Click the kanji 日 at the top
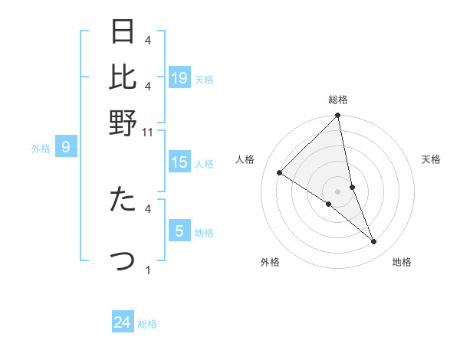123,31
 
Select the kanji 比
123,77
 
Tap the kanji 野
123,123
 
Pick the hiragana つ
123,260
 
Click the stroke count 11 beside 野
148,133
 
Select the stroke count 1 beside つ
148,270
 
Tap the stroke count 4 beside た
148,208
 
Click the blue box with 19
179,78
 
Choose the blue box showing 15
179,162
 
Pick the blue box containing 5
179,231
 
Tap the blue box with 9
66,147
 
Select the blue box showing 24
123,323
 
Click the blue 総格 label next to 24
147,324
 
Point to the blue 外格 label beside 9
41,149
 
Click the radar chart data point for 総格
338,116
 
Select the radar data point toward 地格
374,242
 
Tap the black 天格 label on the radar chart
432,159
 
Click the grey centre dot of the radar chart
338,191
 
